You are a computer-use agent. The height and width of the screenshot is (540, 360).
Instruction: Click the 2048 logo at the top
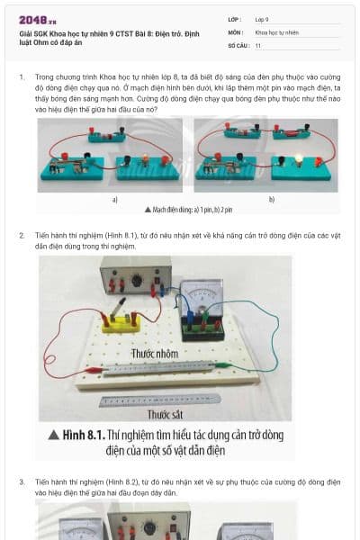pyautogui.click(x=37, y=20)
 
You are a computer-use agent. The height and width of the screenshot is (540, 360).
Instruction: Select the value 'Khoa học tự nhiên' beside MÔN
pyautogui.click(x=274, y=31)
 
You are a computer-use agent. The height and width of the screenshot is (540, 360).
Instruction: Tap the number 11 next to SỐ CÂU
pyautogui.click(x=258, y=44)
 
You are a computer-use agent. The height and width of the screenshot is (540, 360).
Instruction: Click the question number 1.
pyautogui.click(x=22, y=78)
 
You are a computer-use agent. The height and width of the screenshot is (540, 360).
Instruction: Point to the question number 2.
pyautogui.click(x=22, y=235)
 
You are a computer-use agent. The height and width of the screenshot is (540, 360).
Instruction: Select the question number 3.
pyautogui.click(x=22, y=481)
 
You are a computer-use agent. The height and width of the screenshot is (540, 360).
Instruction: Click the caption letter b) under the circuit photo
pyautogui.click(x=271, y=199)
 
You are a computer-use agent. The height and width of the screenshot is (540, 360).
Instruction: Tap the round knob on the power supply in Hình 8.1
pyautogui.click(x=136, y=280)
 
